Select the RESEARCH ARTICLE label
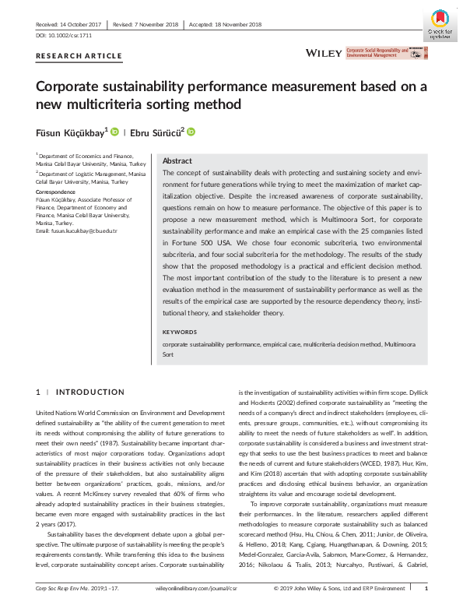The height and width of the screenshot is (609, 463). (x=79, y=56)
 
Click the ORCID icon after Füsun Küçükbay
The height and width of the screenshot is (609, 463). (x=114, y=132)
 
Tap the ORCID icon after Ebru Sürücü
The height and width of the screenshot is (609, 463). (x=190, y=132)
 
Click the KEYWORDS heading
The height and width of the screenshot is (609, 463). (x=181, y=332)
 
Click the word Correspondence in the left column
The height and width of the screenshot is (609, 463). (x=55, y=191)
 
